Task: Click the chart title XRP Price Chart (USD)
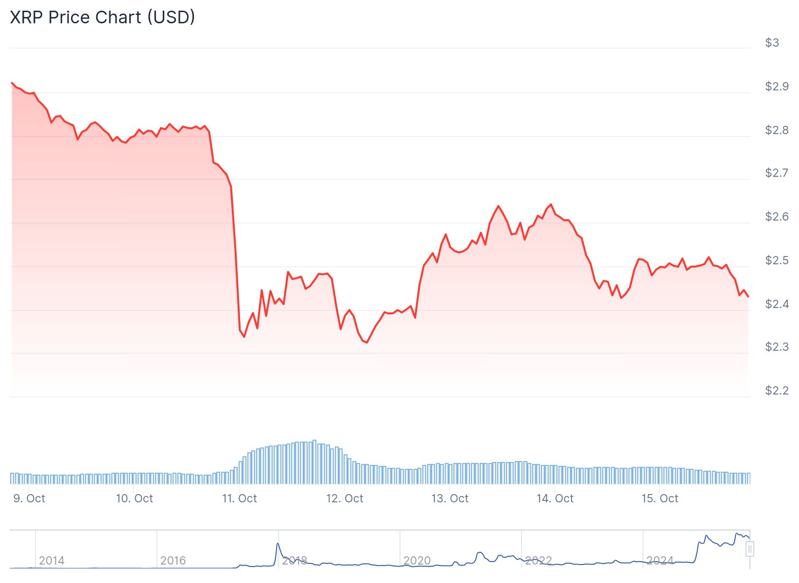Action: tap(103, 17)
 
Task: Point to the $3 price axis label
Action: tap(772, 43)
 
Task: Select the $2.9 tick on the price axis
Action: tap(776, 86)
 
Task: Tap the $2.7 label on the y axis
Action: tap(776, 173)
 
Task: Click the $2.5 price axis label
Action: tap(776, 260)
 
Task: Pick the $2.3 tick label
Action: tap(776, 347)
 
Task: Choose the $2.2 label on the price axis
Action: tap(776, 391)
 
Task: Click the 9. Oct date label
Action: tap(29, 498)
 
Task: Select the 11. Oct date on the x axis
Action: tap(240, 498)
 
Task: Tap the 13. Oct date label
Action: tap(450, 498)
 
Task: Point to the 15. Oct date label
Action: tap(660, 498)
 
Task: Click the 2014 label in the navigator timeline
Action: tap(52, 561)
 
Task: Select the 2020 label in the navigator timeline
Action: tap(417, 561)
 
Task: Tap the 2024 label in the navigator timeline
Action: tap(660, 561)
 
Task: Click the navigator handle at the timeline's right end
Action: tap(750, 549)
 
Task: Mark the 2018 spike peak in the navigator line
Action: tap(278, 544)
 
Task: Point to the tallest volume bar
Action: tap(314, 462)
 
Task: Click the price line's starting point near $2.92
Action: tap(12, 83)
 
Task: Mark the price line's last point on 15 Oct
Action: tap(748, 296)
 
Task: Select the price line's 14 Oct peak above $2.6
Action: tap(551, 204)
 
